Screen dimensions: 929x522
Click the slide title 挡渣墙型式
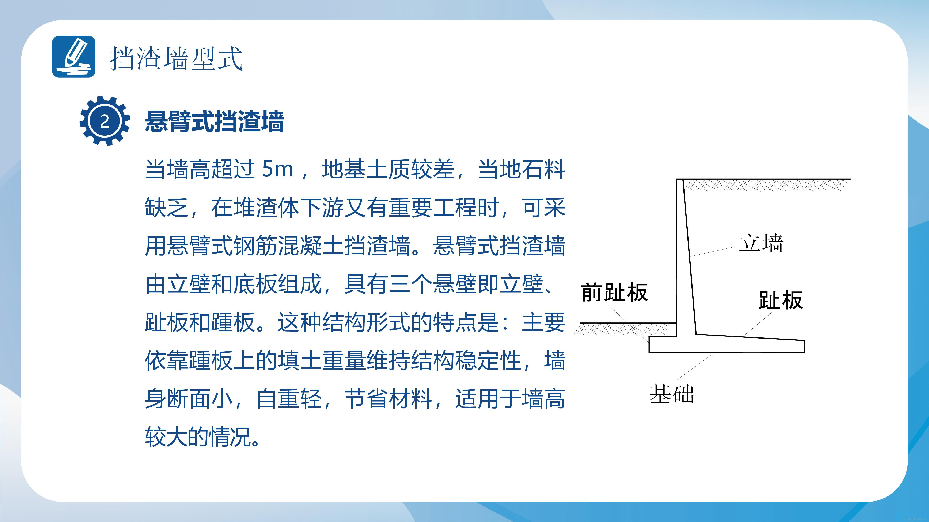176,58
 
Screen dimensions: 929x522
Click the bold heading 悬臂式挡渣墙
214,121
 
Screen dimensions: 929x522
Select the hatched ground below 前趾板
622,329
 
